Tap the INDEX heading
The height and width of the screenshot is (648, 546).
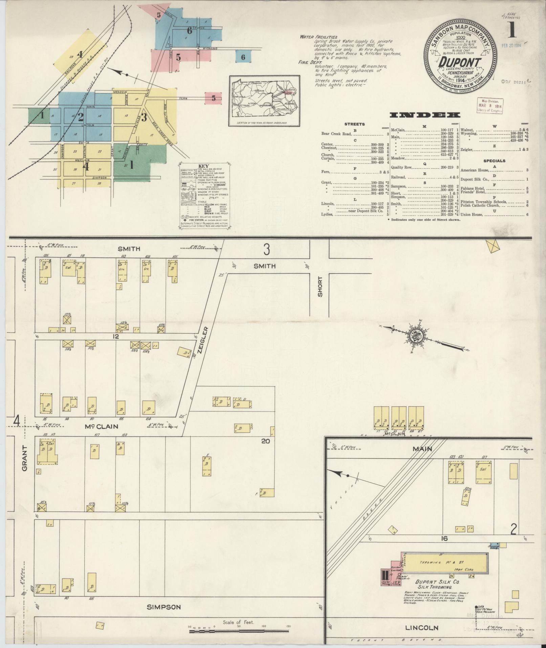pyautogui.click(x=425, y=115)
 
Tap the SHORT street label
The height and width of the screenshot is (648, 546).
pyautogui.click(x=320, y=287)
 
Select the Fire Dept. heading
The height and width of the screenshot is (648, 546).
pyautogui.click(x=309, y=62)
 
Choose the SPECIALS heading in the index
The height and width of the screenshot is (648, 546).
pyautogui.click(x=495, y=161)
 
